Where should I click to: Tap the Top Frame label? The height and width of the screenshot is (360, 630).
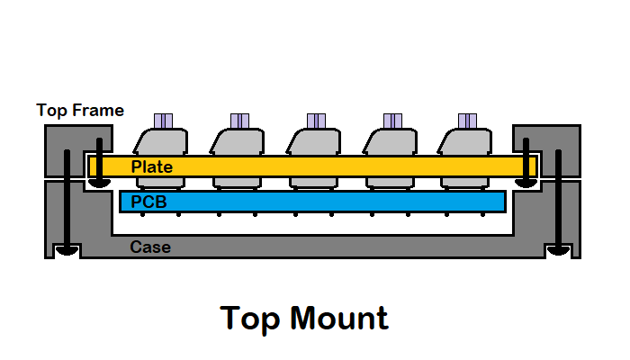[80, 110]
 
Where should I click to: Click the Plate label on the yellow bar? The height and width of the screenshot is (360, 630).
[151, 166]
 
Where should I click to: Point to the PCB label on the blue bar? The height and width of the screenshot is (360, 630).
[148, 202]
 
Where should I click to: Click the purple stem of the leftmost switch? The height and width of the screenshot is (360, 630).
[163, 121]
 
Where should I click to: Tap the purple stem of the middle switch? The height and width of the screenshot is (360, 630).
[316, 121]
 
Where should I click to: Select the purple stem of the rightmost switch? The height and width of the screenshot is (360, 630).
[467, 121]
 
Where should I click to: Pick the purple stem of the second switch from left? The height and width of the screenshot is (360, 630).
[239, 121]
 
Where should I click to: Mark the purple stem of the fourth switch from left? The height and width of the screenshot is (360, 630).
[392, 121]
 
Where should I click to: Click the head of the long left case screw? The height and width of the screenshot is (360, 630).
[65, 250]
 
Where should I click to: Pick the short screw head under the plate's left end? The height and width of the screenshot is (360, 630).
[99, 181]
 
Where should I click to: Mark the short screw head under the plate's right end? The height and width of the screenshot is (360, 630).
[524, 181]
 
